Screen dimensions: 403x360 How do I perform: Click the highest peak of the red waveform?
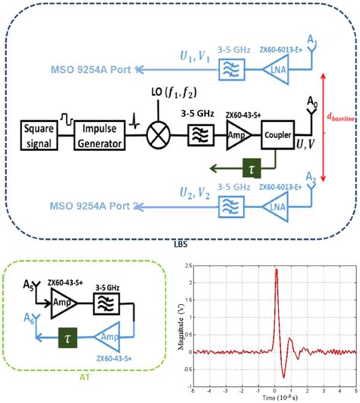coord(276,269)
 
